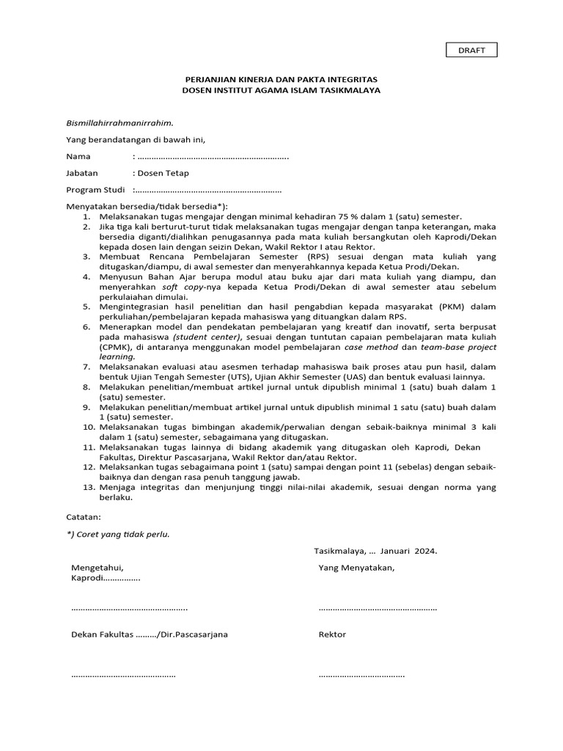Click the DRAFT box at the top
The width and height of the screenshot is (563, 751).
click(472, 50)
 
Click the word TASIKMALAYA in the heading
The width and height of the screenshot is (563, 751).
click(347, 89)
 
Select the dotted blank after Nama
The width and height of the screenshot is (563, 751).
click(213, 157)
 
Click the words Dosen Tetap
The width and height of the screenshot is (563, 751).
click(163, 173)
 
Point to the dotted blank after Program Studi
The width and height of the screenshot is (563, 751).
click(207, 190)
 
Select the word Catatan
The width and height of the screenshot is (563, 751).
click(84, 516)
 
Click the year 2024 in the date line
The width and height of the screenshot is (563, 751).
click(424, 551)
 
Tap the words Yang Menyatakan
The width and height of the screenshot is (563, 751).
click(356, 568)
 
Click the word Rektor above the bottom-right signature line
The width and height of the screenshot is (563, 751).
click(332, 634)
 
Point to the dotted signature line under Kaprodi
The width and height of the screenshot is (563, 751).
click(129, 608)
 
